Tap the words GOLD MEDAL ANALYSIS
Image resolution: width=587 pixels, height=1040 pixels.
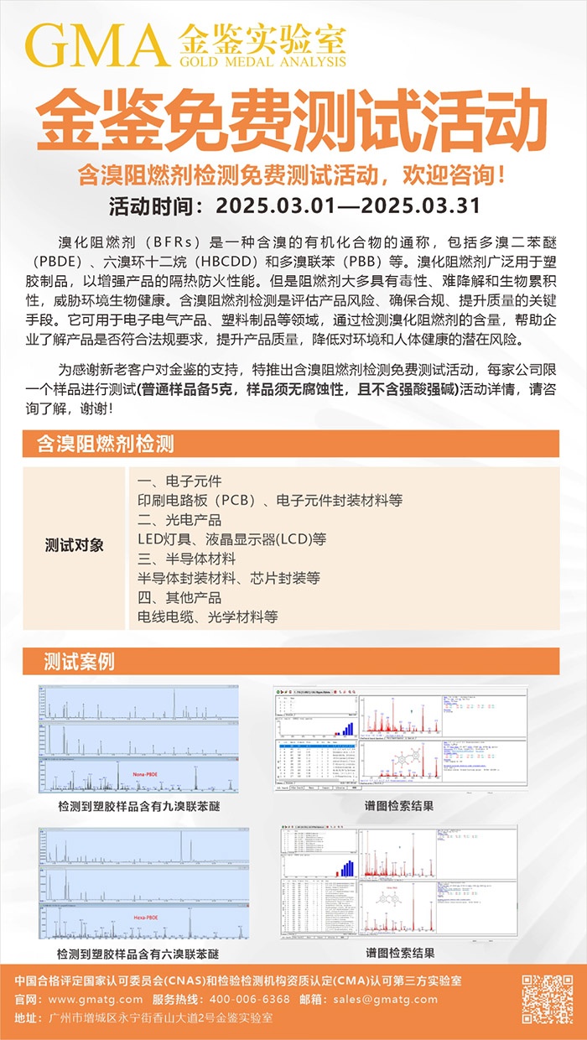click(262, 61)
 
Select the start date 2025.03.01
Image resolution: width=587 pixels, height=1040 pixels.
click(273, 205)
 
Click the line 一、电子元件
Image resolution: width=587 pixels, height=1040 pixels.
click(179, 481)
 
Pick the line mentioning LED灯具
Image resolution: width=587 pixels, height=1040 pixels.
click(231, 538)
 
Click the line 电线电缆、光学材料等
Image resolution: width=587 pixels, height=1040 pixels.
click(207, 616)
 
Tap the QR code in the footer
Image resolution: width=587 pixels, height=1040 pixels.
click(547, 999)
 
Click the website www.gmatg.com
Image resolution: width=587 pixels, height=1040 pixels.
click(95, 1000)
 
